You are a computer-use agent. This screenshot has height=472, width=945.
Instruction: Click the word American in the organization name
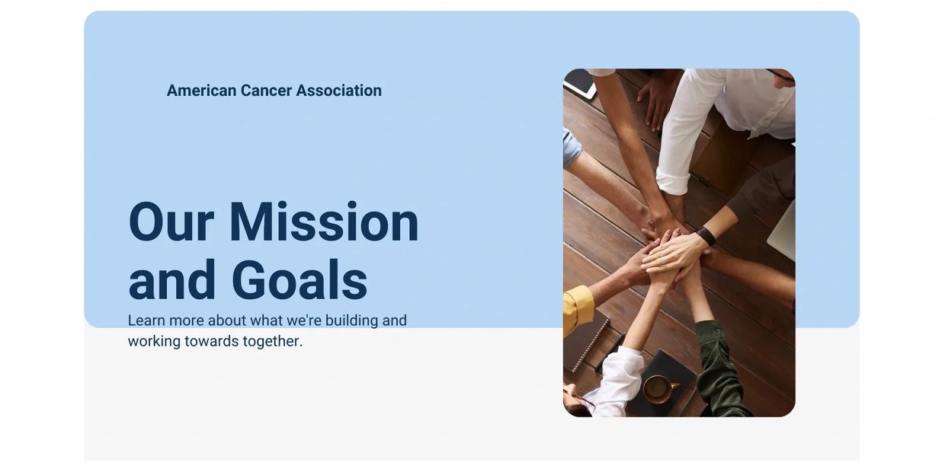coord(201,91)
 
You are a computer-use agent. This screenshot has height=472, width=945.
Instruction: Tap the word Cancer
coord(266,91)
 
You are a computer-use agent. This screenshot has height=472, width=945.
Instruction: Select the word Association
coord(338,91)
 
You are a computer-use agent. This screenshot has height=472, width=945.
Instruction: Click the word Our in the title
coord(171,222)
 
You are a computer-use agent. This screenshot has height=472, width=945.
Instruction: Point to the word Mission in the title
coord(323,222)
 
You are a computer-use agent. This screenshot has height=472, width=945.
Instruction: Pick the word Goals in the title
coord(299,280)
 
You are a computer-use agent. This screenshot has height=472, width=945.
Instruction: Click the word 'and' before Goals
coord(172,280)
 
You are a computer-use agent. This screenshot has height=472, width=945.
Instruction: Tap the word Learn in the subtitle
coord(146,321)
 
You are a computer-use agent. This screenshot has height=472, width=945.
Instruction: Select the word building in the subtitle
coord(351,321)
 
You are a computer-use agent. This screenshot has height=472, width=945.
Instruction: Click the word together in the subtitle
coord(272,341)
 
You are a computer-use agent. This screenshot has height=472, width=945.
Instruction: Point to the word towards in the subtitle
coord(211,341)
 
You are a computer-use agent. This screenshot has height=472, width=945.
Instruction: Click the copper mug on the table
coord(657,389)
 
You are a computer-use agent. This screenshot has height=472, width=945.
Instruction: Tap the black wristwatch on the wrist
coord(706,236)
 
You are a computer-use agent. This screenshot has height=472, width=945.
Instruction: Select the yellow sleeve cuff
coord(578,309)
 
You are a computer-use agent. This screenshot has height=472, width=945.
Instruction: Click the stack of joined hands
coord(667,251)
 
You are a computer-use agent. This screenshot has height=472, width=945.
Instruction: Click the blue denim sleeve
coord(571,147)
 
